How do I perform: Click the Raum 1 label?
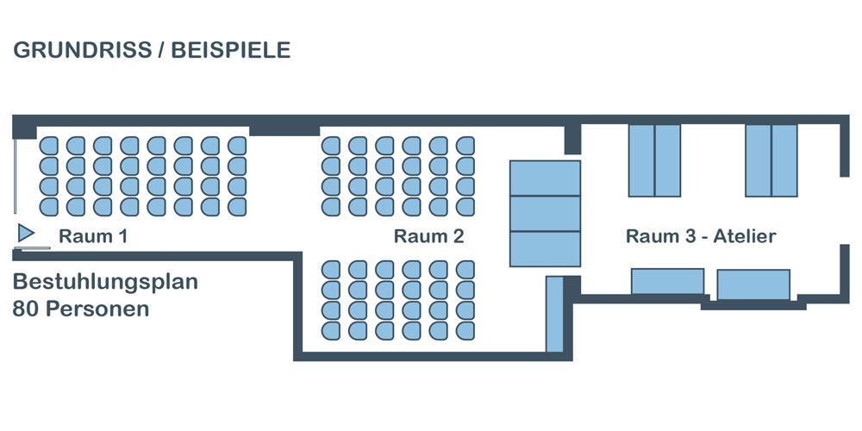tap(93, 236)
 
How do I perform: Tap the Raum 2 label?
tap(428, 236)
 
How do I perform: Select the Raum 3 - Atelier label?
tap(701, 236)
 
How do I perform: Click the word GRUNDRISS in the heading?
tap(78, 50)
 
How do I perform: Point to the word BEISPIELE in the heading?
tap(230, 50)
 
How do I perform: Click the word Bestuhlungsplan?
tap(106, 283)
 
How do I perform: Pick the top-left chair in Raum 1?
tap(49, 145)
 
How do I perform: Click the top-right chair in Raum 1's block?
tap(237, 145)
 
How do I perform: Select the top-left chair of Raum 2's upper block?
tap(331, 145)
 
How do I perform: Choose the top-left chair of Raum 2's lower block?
tap(331, 269)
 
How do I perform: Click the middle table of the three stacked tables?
tap(545, 214)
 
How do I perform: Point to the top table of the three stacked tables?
tap(545, 178)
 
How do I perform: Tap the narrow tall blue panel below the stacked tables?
tap(554, 314)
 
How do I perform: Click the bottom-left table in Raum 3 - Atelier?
tap(667, 282)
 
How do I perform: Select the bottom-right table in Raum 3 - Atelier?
tap(753, 284)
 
